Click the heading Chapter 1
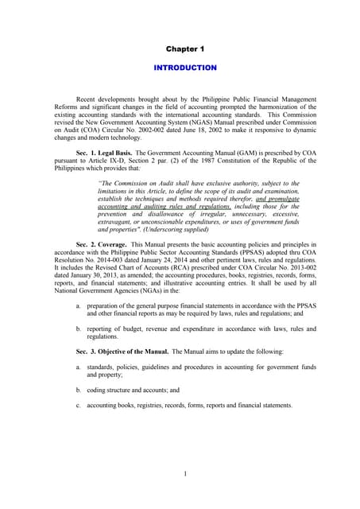[x=184, y=49]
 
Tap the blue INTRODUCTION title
[x=184, y=68]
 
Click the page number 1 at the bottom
[x=184, y=475]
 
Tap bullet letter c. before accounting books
[x=78, y=405]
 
